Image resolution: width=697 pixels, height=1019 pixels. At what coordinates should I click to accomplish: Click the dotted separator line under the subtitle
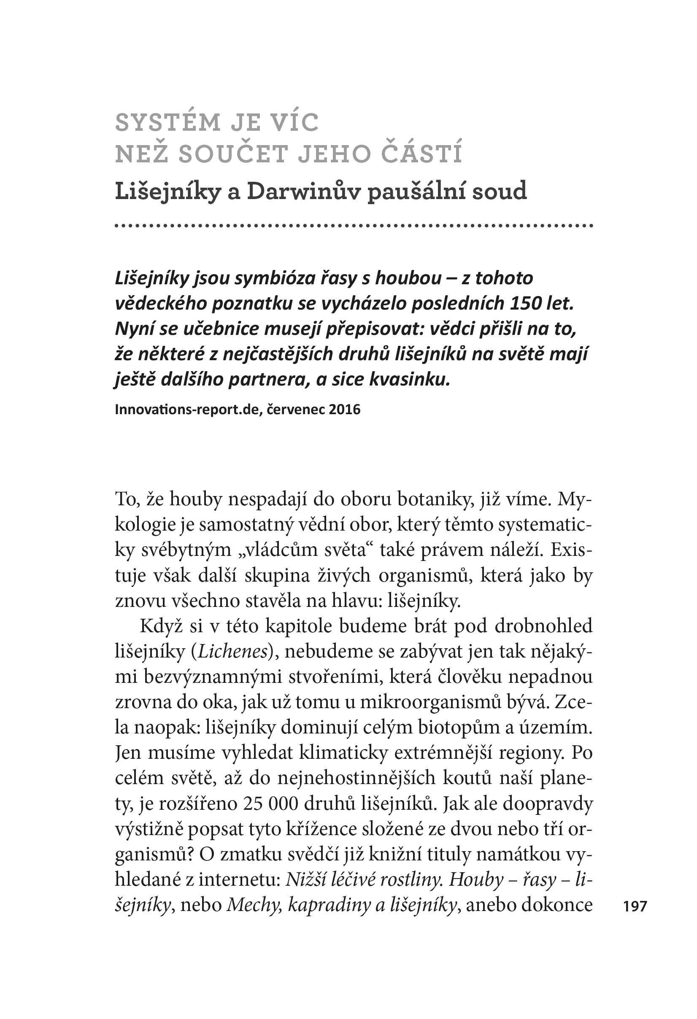point(354,226)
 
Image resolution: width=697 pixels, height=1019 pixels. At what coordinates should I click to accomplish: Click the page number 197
point(635,906)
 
